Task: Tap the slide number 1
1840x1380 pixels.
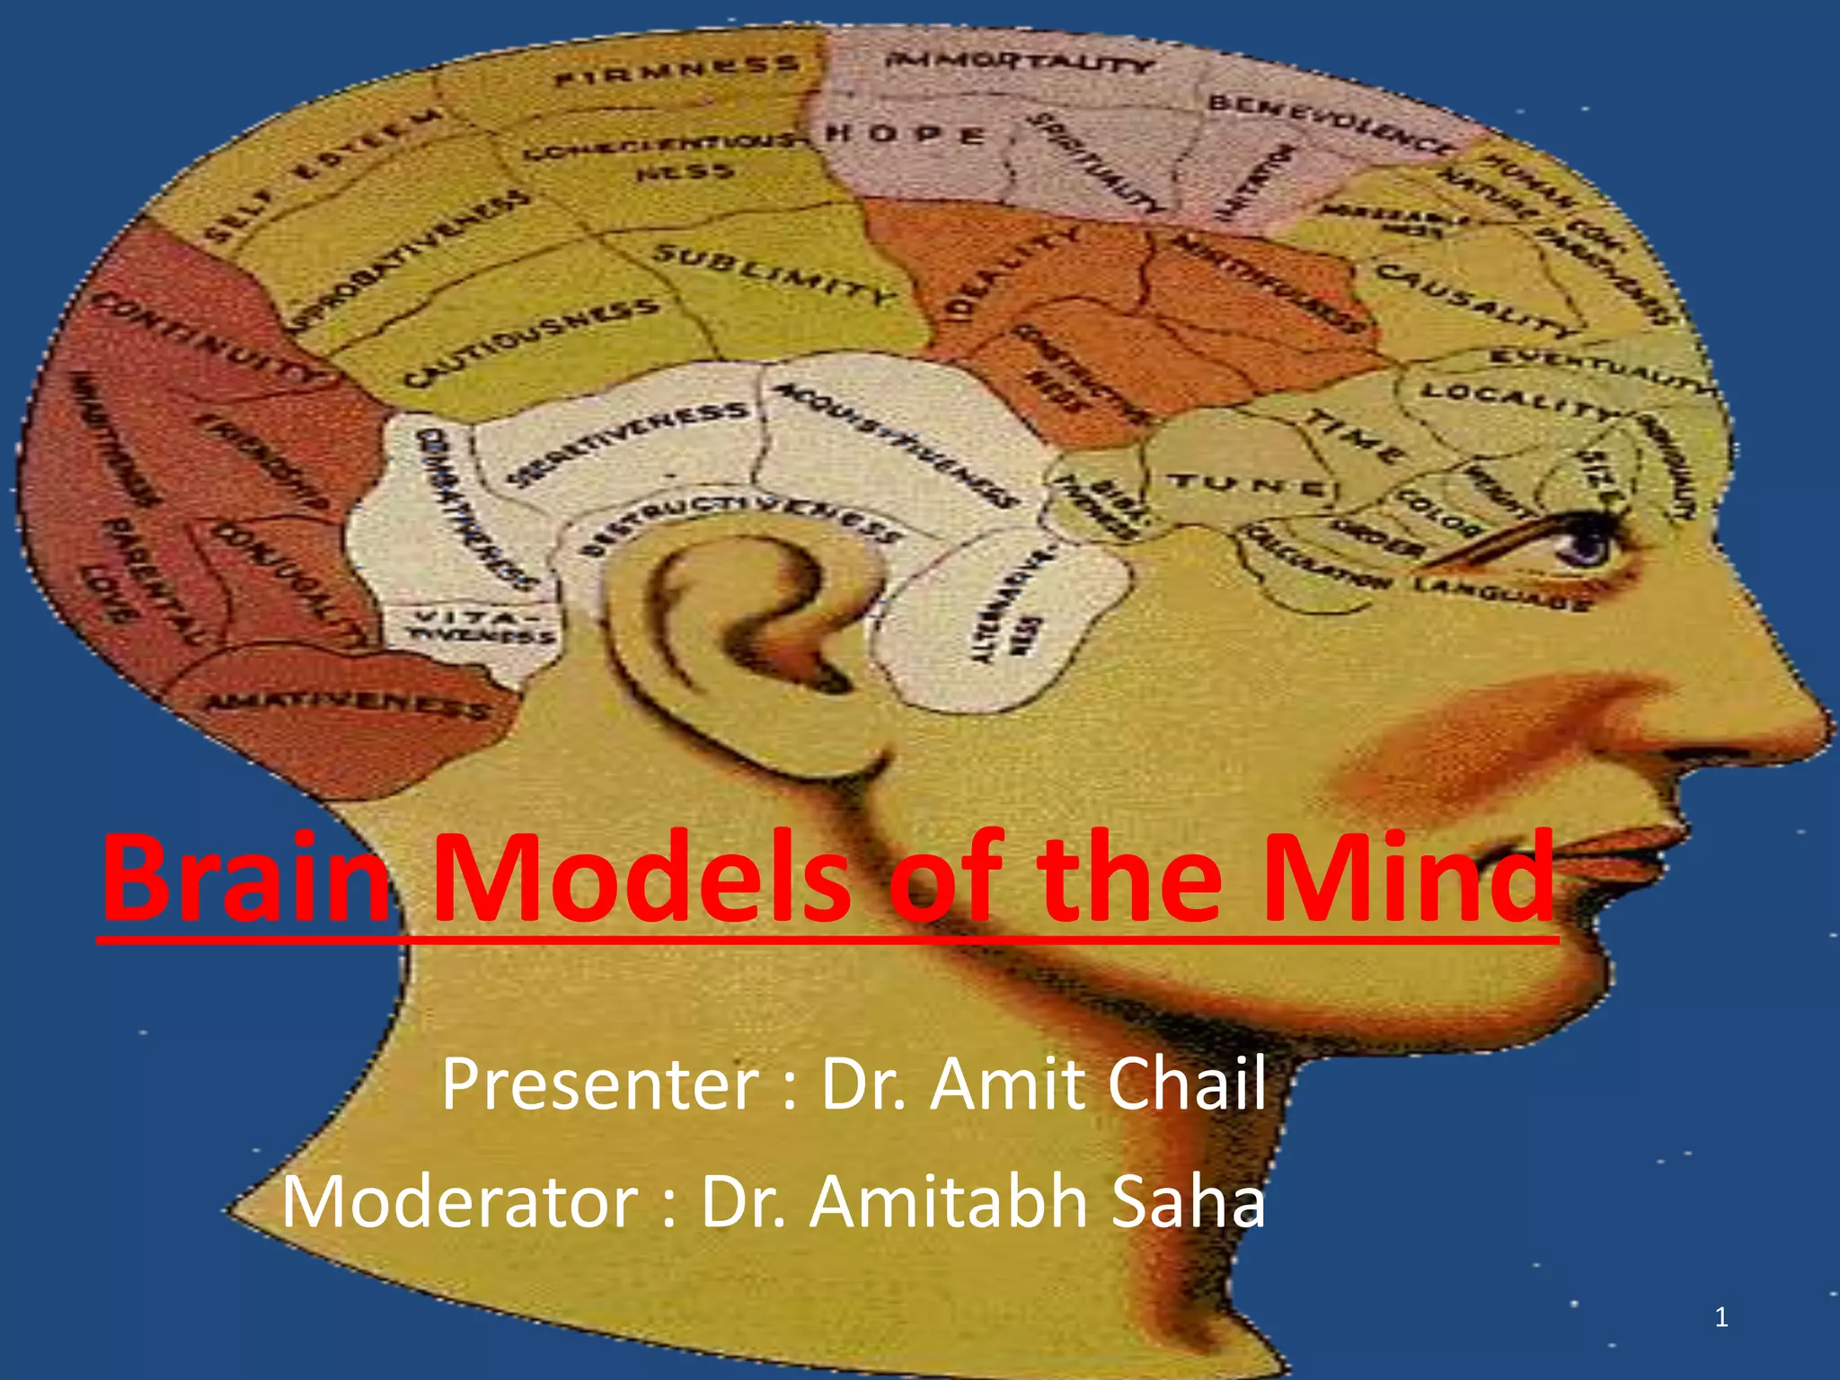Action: [1721, 1318]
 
